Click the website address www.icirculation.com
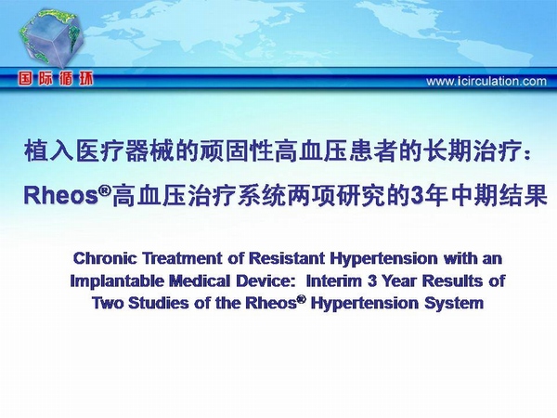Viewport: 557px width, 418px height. [486, 82]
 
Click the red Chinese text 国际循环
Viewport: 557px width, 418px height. [56, 79]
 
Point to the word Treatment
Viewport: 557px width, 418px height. [182, 258]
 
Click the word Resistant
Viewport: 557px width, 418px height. [287, 258]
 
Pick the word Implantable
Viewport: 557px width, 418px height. [117, 281]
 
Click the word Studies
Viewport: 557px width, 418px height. [158, 303]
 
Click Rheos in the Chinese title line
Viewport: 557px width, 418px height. [60, 195]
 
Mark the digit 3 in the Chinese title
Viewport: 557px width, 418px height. [416, 196]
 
